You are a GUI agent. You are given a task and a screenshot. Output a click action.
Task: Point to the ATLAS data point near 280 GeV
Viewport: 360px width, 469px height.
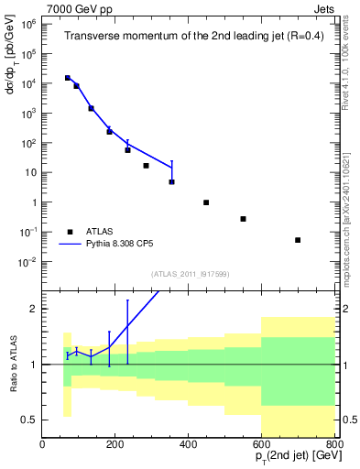coord(146,166)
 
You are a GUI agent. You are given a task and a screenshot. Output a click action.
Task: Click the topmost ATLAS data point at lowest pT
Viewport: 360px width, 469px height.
coord(67,78)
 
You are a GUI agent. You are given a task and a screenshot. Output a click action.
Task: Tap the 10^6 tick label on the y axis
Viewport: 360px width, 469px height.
coord(29,25)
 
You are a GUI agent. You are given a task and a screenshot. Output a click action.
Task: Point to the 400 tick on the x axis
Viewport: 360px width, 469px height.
coord(189,445)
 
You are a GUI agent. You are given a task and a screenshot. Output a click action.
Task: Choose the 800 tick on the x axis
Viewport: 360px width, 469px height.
coord(333,445)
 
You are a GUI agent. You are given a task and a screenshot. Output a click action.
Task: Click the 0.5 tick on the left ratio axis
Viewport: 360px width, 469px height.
coord(30,420)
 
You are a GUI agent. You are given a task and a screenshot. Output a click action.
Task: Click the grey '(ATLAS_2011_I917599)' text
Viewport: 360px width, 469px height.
coord(190,274)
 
